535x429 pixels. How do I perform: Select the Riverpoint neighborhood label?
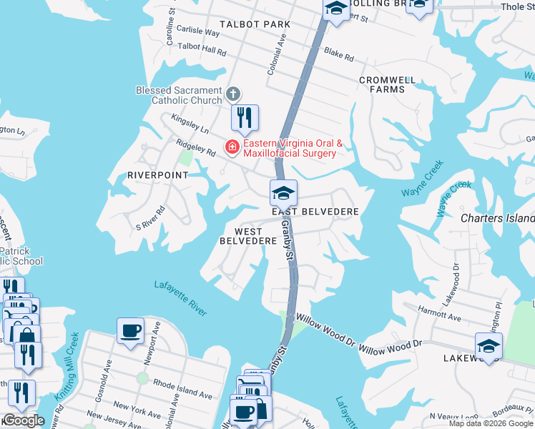point(157,174)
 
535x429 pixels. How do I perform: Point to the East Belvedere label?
point(315,212)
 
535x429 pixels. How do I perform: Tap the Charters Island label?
point(497,218)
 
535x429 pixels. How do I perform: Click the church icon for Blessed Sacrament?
point(232,94)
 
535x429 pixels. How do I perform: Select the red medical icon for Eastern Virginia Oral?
point(232,148)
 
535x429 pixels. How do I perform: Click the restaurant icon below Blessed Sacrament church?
point(245,117)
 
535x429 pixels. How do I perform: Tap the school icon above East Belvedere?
point(283,193)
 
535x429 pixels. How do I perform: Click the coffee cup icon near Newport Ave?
point(130,331)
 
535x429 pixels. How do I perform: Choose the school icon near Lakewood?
point(489,346)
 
